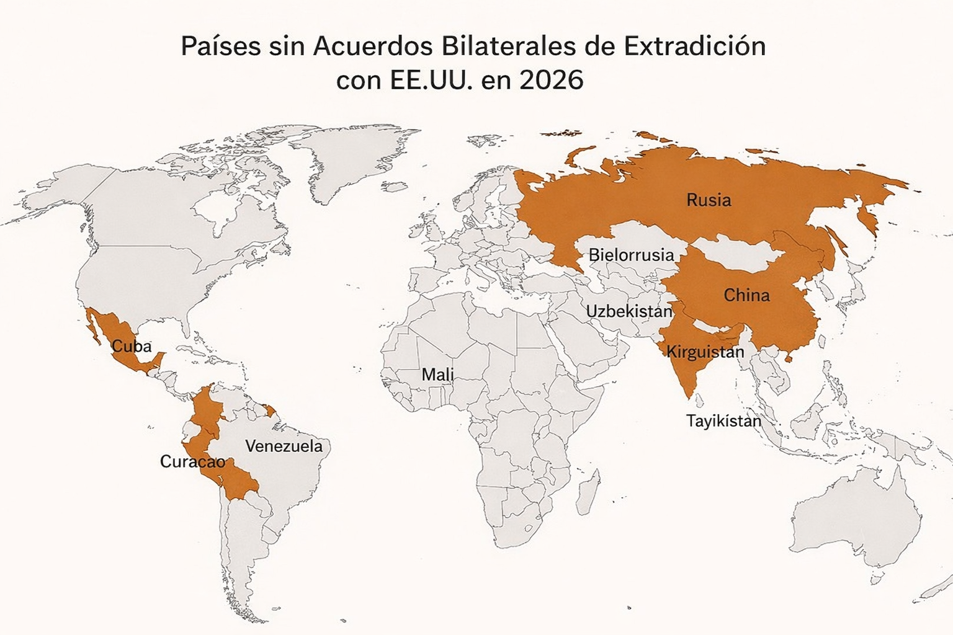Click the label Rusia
click(x=709, y=200)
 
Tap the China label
click(x=746, y=295)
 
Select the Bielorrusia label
click(x=631, y=255)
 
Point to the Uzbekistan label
click(x=629, y=311)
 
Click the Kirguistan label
click(x=705, y=352)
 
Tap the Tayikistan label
click(x=723, y=421)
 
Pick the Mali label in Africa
click(x=437, y=375)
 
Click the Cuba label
click(x=132, y=346)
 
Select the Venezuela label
click(x=284, y=446)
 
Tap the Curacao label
click(x=192, y=462)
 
